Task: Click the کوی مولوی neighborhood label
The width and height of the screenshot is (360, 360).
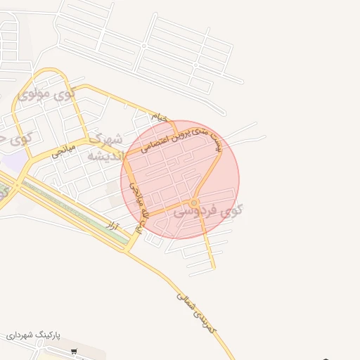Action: point(46,94)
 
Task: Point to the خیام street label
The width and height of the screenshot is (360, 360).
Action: point(160,117)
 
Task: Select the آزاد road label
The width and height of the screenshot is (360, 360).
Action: point(111,224)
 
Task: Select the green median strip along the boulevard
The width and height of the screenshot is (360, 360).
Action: point(77,212)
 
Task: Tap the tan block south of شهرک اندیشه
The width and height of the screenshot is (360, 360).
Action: point(112,187)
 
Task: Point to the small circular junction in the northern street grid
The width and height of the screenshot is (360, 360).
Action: point(144,46)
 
